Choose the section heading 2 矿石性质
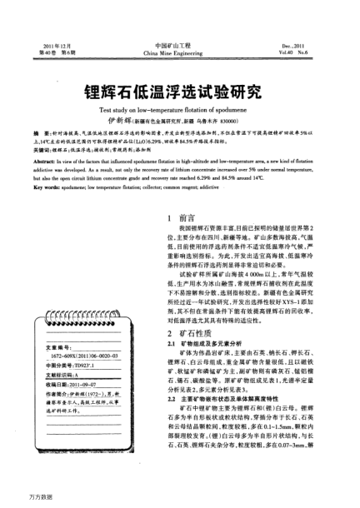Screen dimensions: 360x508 point(188,331)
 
